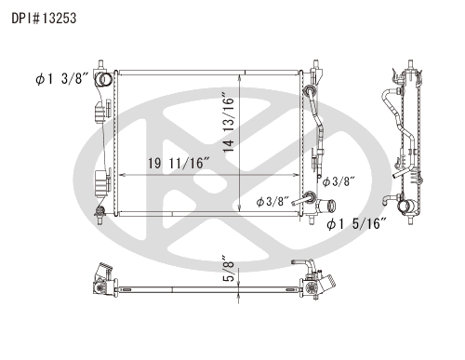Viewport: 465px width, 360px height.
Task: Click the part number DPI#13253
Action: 44,19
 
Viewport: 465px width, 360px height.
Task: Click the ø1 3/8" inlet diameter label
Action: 62,78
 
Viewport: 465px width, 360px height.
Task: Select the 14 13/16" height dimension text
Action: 229,122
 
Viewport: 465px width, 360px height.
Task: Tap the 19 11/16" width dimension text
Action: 179,163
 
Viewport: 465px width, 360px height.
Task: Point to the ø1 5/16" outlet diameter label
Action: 356,223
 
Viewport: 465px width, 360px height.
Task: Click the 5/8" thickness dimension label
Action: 229,269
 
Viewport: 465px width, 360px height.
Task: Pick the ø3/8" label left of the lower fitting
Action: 272,202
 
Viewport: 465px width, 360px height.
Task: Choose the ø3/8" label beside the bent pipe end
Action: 339,181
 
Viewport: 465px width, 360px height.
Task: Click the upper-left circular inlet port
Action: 103,79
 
